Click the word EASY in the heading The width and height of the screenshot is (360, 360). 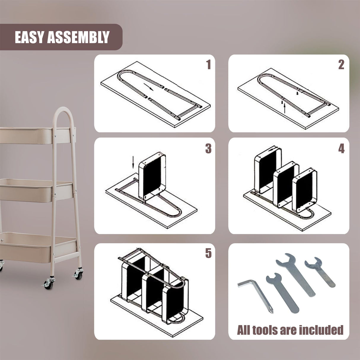tap(29, 37)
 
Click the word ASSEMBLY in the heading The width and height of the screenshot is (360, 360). tap(78, 37)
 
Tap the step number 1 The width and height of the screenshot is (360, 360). tap(208, 65)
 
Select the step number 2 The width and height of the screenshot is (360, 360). tap(341, 65)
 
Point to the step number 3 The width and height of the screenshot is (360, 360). tap(208, 149)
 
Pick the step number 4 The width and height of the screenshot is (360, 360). tap(342, 149)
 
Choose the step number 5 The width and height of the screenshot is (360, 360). tap(208, 253)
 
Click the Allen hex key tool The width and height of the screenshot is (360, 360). tap(256, 295)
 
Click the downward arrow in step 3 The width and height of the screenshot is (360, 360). tap(133, 162)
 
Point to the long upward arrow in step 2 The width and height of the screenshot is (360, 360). tap(284, 108)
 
